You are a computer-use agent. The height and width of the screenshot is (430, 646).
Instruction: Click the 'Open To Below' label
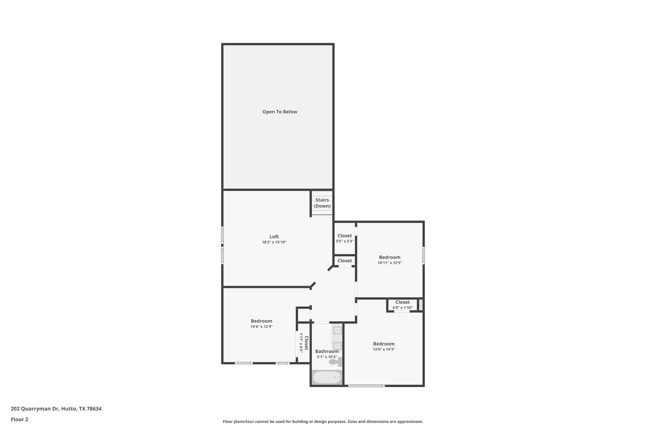[279, 112]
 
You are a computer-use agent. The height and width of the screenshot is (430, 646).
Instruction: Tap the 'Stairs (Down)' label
[322, 203]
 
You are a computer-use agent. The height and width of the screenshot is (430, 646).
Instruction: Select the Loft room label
[274, 237]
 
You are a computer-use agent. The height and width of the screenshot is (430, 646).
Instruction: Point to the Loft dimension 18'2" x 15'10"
[274, 242]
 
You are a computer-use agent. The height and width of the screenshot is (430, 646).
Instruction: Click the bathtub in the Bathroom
[327, 377]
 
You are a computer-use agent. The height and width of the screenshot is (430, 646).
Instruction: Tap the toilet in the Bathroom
[335, 362]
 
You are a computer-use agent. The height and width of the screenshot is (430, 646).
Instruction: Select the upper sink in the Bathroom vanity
[338, 330]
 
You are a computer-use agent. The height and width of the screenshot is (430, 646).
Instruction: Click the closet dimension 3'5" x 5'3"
[344, 241]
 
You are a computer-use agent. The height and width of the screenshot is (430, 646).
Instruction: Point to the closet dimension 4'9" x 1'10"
[402, 308]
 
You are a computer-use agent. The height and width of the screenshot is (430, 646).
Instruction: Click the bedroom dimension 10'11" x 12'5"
[390, 263]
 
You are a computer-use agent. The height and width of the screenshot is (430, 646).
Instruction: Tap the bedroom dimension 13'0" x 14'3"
[384, 349]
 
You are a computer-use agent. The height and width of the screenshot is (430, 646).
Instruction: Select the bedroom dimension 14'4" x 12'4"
[261, 327]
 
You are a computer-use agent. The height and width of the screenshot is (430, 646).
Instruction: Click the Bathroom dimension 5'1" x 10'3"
[327, 357]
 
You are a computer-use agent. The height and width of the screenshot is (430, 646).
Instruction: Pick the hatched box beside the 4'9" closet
[420, 305]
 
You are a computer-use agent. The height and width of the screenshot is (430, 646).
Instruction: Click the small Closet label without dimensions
[344, 261]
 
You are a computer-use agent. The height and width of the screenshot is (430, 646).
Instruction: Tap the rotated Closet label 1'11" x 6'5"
[303, 343]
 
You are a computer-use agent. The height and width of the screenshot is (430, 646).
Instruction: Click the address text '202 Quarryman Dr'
[35, 409]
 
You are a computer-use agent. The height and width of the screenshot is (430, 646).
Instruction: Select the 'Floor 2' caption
[20, 419]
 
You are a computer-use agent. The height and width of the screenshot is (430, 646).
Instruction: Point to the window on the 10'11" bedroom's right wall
[423, 255]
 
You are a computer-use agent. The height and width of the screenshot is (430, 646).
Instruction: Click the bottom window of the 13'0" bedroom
[366, 386]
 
